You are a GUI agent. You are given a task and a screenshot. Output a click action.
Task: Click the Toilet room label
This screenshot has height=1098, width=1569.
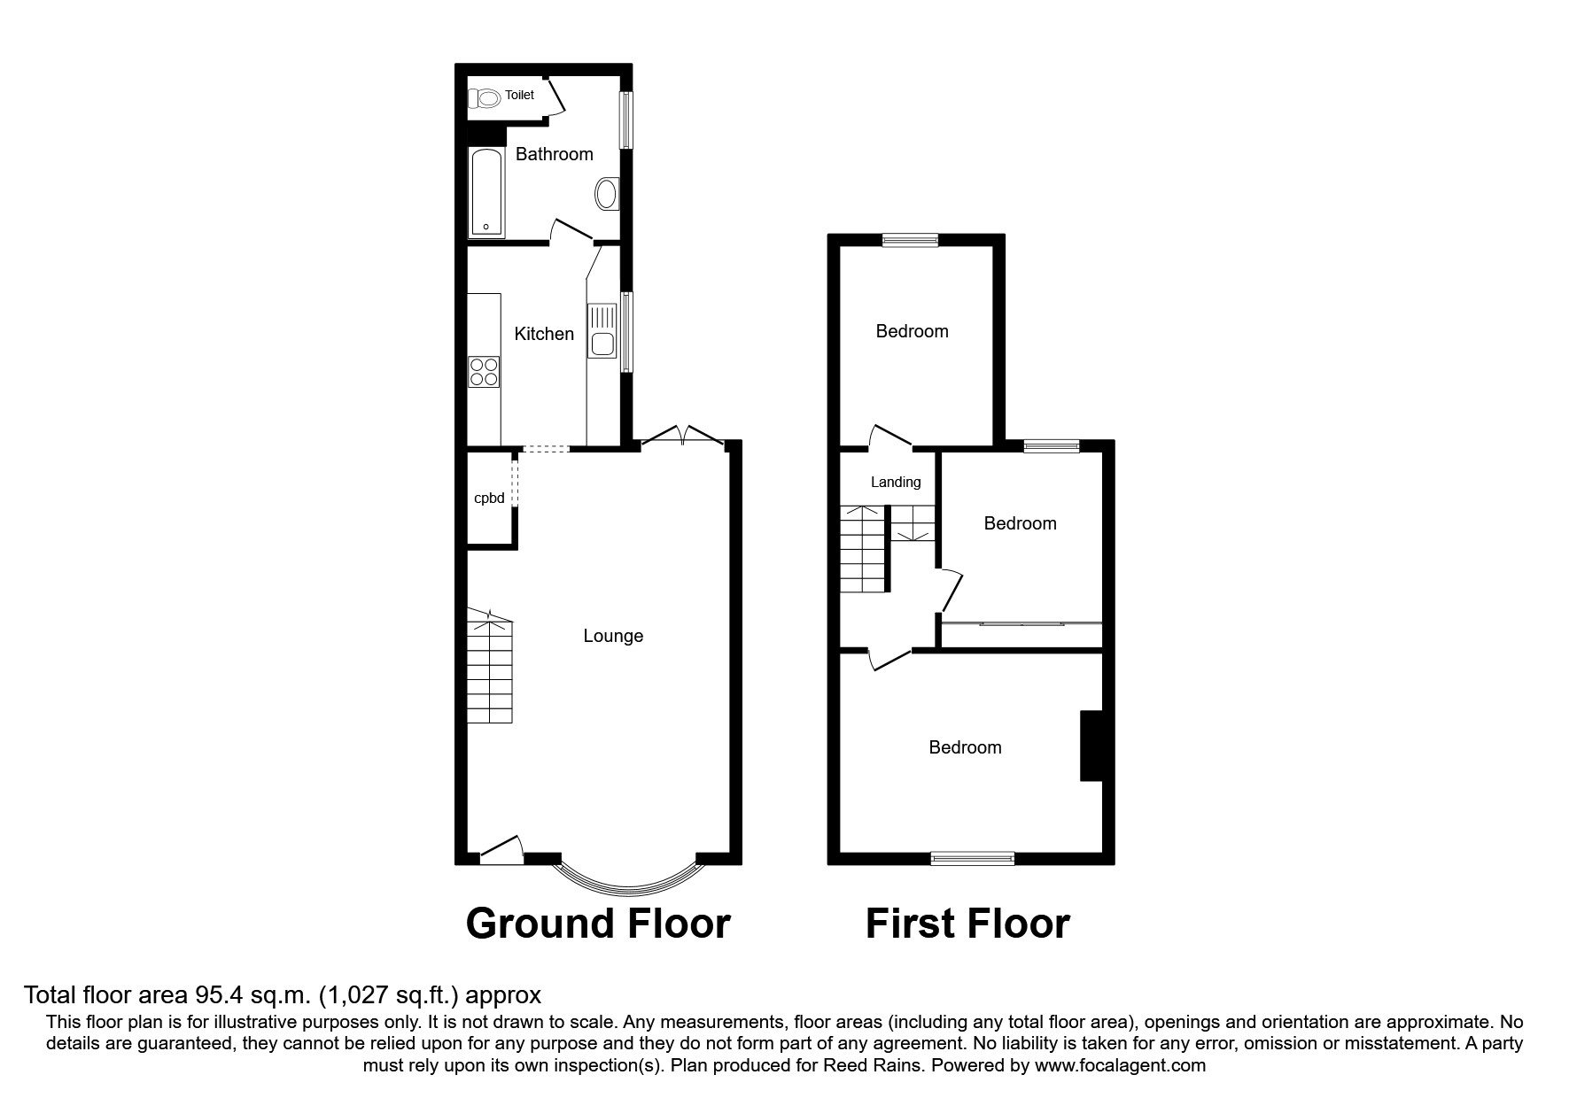(520, 95)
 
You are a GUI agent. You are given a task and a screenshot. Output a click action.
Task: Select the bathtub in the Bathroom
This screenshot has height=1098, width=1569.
(486, 193)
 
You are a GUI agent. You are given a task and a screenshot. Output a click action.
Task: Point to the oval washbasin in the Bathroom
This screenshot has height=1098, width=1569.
(607, 193)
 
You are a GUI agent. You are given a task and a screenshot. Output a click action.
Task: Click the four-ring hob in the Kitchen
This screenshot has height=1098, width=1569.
(484, 371)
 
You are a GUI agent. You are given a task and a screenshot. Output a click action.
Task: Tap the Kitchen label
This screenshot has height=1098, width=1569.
(544, 334)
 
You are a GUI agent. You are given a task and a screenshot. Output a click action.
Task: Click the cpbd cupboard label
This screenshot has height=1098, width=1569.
(489, 499)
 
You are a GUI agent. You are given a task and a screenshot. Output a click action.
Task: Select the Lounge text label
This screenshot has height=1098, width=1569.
(613, 636)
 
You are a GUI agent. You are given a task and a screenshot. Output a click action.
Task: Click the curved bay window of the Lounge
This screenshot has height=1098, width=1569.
(629, 882)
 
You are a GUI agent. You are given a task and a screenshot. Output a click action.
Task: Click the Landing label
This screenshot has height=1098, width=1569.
(896, 483)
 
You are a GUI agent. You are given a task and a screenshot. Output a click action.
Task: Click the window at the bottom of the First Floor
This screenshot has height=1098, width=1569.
(973, 857)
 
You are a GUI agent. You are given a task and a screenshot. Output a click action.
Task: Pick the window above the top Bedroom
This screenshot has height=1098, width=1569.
(911, 239)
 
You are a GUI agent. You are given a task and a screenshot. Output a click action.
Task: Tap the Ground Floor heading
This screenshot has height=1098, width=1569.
(598, 924)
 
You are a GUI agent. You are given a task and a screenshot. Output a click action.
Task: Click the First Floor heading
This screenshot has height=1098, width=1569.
(967, 924)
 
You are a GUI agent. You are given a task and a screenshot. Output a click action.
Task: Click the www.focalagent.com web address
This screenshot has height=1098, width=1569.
(1120, 1065)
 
